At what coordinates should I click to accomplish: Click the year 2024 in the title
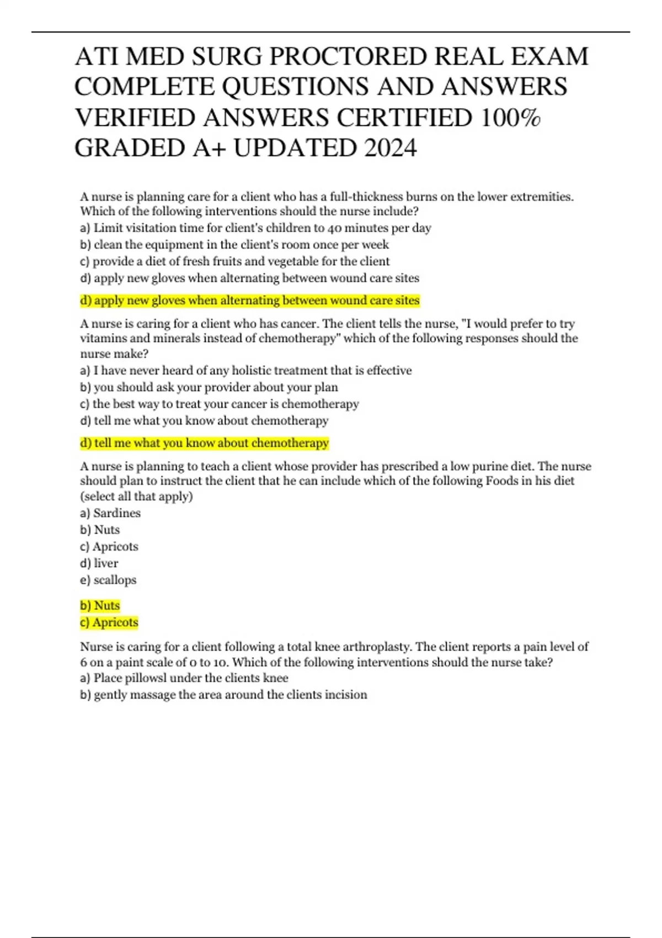pos(389,148)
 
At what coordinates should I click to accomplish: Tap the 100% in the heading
pos(510,118)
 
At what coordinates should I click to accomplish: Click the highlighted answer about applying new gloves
pos(250,300)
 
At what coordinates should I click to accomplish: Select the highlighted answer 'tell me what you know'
pos(204,443)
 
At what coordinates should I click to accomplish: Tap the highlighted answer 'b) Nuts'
pos(100,605)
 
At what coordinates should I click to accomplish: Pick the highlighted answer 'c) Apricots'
pos(109,622)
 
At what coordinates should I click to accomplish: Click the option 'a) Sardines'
pos(110,513)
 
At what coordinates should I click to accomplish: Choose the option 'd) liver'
pos(99,563)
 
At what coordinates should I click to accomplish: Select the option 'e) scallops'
pos(108,579)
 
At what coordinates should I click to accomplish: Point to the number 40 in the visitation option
pos(335,228)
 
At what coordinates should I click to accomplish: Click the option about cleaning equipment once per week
pos(234,244)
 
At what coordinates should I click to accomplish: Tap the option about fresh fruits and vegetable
pos(235,261)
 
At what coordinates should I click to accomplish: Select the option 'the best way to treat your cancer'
pos(220,403)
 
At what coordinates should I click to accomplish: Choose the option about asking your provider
pos(209,387)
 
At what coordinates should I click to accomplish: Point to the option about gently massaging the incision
pos(223,694)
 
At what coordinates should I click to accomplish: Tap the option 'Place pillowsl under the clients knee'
pos(184,678)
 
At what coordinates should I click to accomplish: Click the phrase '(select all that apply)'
pos(137,495)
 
